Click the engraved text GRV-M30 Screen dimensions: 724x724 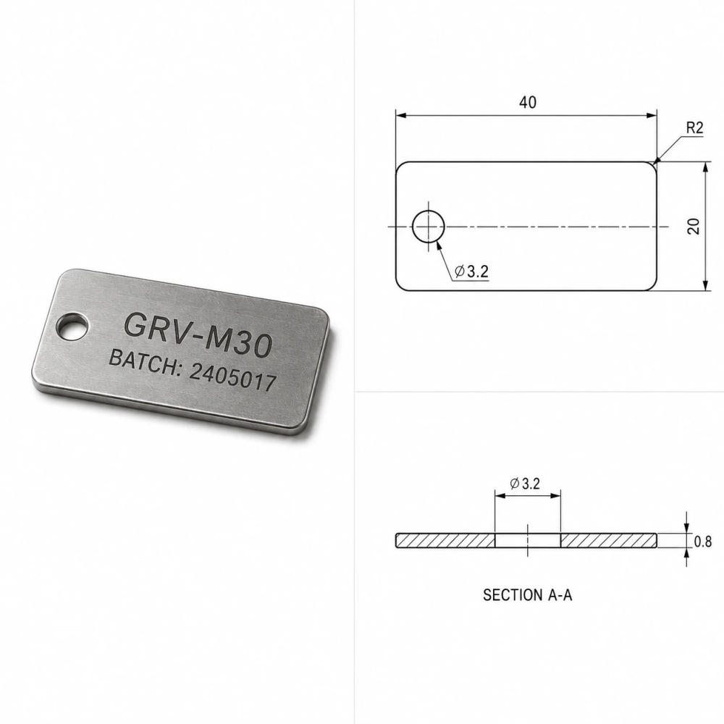[x=198, y=334]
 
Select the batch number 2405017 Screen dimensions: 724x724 [x=232, y=379]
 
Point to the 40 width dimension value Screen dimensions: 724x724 [x=528, y=102]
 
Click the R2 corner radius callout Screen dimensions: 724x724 [x=694, y=128]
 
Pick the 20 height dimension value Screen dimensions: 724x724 [x=694, y=226]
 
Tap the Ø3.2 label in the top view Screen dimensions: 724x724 [x=471, y=271]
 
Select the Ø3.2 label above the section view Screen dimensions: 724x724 [x=525, y=484]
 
